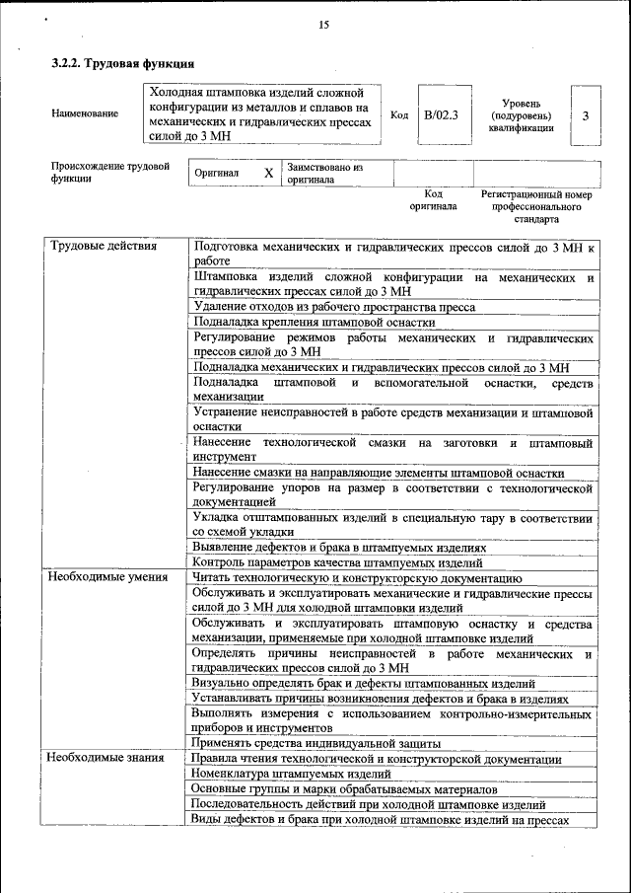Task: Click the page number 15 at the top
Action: [x=323, y=25]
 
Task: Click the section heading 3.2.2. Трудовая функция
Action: [x=122, y=63]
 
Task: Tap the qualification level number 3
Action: [x=586, y=115]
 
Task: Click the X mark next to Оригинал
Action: [x=268, y=173]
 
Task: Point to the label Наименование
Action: [x=85, y=113]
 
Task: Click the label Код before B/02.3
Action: [x=399, y=115]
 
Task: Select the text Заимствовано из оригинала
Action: [x=325, y=174]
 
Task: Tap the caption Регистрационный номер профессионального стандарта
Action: [x=535, y=207]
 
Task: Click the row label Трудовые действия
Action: [x=104, y=246]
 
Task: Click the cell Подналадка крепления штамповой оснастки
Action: [x=314, y=322]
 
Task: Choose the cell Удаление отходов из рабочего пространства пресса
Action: [x=334, y=307]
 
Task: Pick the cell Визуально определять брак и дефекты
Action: [x=363, y=683]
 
